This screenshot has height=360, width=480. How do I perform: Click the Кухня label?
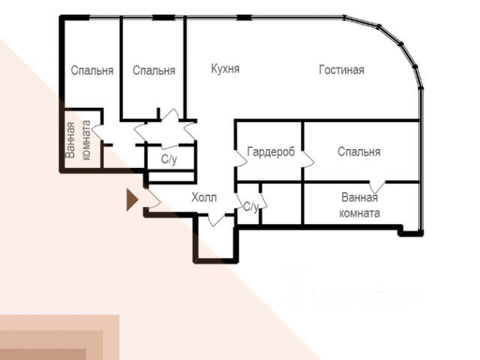[225, 69]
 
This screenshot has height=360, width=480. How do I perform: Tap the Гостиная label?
[342, 70]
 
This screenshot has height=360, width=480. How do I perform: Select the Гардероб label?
[271, 151]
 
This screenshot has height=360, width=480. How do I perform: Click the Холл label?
[204, 197]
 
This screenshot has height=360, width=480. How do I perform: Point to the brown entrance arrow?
[132, 199]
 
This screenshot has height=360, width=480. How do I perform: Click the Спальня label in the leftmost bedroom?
[92, 70]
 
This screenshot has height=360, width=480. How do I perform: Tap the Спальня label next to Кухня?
[154, 70]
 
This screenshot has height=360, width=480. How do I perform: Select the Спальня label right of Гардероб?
[359, 151]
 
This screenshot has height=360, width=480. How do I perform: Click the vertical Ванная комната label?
[78, 140]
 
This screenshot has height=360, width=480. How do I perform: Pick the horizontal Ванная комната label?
[360, 205]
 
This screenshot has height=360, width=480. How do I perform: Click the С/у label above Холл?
[169, 159]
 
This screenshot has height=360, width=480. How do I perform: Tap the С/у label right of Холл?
[251, 207]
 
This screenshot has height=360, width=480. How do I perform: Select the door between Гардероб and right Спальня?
[308, 158]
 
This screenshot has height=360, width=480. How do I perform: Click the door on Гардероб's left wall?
[241, 158]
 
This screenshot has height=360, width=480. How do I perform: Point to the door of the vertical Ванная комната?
[97, 132]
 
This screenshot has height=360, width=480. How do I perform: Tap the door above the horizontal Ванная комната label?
[377, 187]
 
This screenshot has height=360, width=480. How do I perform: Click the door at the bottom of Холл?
[217, 220]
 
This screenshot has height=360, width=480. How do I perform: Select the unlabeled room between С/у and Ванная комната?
[282, 203]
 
